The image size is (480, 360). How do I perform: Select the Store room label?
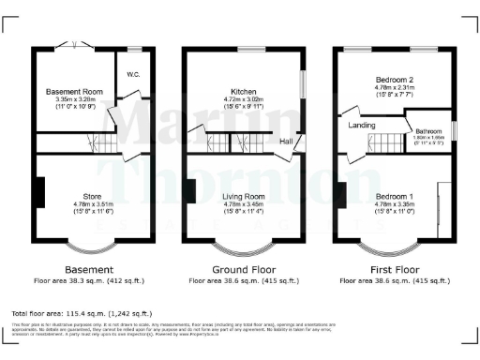[92, 197]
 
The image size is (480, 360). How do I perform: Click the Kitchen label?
[245, 92]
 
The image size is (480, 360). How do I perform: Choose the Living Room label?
[242, 197]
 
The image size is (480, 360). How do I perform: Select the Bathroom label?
[429, 131]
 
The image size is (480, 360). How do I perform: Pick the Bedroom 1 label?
[392, 197]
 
